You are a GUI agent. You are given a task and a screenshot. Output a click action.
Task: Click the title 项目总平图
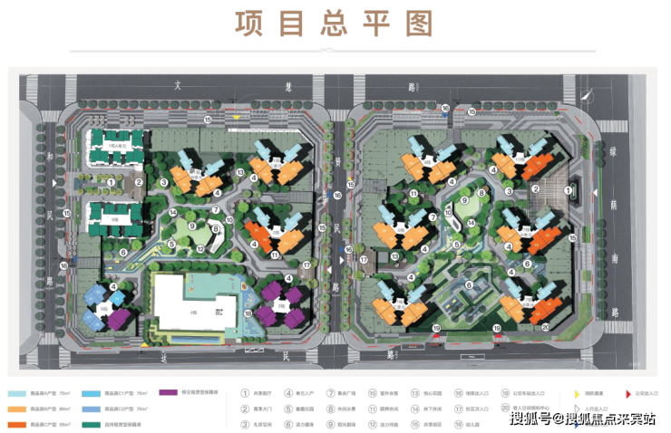(x=335, y=25)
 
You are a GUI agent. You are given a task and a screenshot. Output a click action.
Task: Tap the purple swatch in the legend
(x=166, y=393)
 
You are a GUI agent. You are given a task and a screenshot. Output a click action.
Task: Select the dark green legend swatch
(x=92, y=424)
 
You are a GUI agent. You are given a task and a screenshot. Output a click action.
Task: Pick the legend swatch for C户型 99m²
(x=16, y=424)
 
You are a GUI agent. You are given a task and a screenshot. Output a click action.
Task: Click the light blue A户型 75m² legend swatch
(x=16, y=393)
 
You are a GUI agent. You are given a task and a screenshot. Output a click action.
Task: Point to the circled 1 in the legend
(x=245, y=393)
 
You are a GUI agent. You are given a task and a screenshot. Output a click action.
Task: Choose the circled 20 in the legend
(x=504, y=409)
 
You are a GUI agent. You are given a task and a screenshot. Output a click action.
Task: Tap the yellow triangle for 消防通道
(x=579, y=393)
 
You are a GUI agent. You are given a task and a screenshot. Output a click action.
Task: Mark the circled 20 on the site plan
(x=546, y=328)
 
